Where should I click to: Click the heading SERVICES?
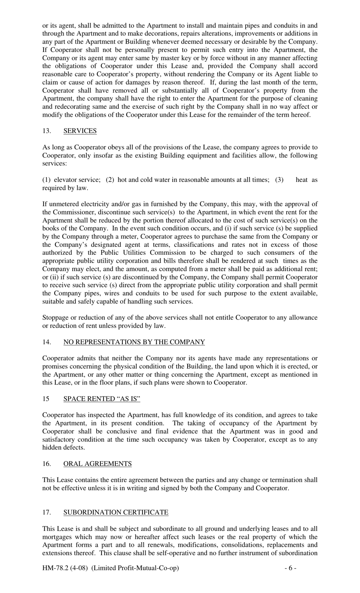[x=80, y=131]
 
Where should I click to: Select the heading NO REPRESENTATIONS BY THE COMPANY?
[x=134, y=342]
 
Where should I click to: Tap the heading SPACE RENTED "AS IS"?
[x=102, y=398]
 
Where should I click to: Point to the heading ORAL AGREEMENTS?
[x=97, y=464]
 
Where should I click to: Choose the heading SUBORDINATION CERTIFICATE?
[x=116, y=512]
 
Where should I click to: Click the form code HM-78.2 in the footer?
[x=55, y=568]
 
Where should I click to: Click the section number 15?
[x=45, y=398]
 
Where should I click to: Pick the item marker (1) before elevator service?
[x=46, y=180]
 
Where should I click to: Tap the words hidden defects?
[x=63, y=447]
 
